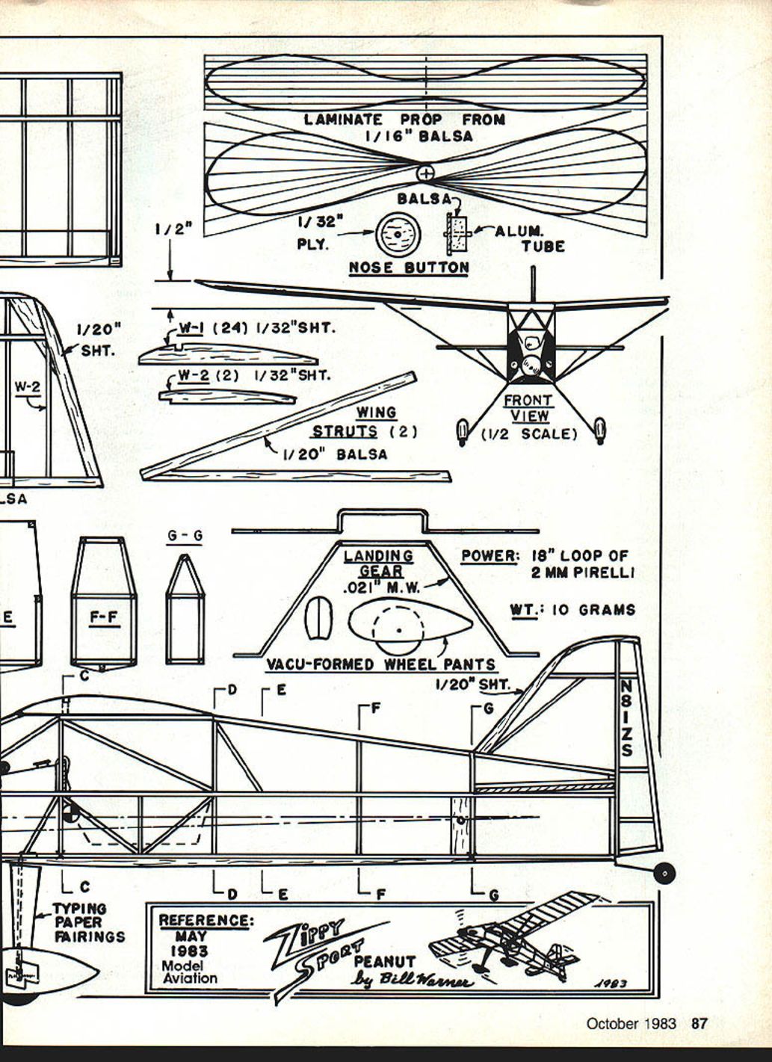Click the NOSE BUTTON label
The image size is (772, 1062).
tap(409, 268)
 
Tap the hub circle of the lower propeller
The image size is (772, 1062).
tap(424, 173)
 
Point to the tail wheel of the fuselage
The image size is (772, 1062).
tap(664, 872)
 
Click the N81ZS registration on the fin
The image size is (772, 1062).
tap(626, 717)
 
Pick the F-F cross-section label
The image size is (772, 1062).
tap(103, 618)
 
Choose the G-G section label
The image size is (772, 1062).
tap(185, 536)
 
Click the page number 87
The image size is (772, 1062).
tap(699, 1024)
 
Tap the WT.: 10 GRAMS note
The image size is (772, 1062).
tap(572, 610)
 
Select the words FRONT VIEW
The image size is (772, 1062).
tap(528, 408)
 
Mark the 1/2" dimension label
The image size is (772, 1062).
tap(173, 229)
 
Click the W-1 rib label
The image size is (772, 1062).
tap(191, 327)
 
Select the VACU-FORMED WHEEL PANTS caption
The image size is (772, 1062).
tap(381, 664)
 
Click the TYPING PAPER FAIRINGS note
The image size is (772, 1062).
tap(88, 922)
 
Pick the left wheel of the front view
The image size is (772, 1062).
tap(462, 431)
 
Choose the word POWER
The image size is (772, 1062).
tap(490, 556)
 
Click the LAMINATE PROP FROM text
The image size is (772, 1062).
tap(404, 120)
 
